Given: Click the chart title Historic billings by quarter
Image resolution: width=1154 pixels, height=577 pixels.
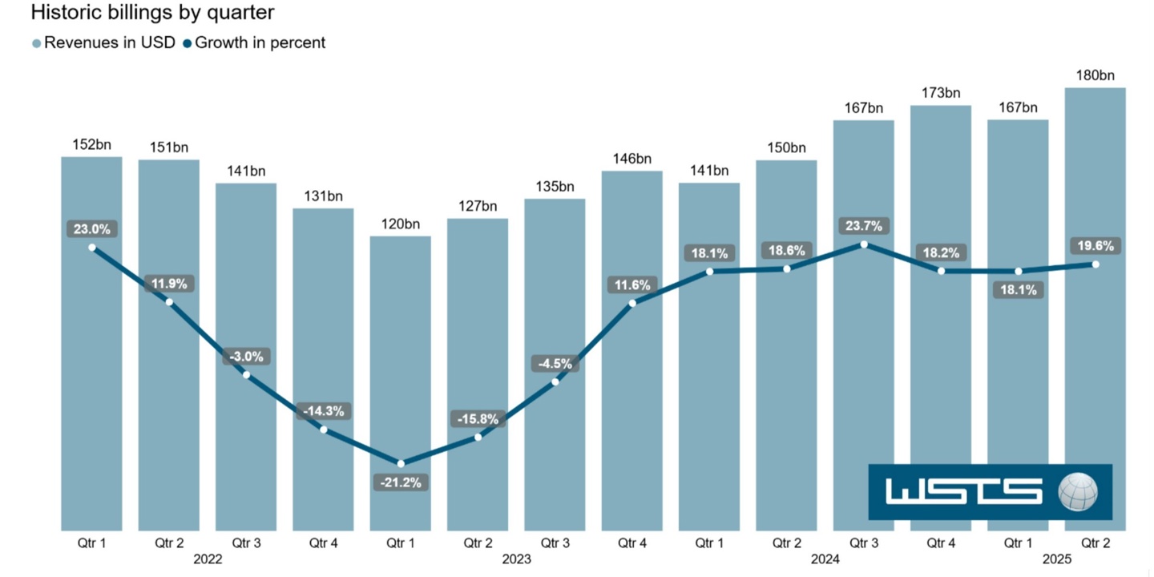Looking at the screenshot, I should click(152, 13).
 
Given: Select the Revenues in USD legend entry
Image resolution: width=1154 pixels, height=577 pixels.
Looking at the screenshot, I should click(109, 43).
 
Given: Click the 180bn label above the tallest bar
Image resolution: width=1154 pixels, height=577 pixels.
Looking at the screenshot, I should click(1095, 76).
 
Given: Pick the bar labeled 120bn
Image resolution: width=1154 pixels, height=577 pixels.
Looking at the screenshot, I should click(400, 385).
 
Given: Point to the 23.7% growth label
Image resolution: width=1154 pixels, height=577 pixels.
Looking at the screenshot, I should click(864, 226).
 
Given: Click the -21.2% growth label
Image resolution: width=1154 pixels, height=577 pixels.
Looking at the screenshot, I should click(400, 482).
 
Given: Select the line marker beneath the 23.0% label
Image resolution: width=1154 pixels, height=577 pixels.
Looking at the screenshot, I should click(92, 248).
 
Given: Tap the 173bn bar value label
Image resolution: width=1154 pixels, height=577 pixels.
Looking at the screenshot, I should click(941, 93).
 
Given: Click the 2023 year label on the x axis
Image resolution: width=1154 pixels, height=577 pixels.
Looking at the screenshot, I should click(516, 559).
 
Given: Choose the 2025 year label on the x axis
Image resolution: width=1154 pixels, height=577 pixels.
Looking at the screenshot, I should click(1057, 559).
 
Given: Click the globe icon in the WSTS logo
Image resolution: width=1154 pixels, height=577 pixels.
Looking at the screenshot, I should click(1078, 491).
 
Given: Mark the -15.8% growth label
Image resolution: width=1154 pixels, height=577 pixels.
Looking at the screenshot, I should click(478, 418).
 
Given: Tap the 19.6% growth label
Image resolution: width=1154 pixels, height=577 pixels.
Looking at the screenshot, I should click(1095, 246).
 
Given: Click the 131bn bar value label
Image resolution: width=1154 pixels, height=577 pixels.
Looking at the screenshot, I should click(323, 196).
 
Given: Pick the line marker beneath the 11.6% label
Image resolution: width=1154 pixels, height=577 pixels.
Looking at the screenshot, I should click(632, 303).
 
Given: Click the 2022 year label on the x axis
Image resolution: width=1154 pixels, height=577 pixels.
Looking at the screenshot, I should click(208, 559).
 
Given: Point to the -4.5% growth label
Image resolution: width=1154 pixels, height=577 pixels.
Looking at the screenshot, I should click(555, 363).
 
